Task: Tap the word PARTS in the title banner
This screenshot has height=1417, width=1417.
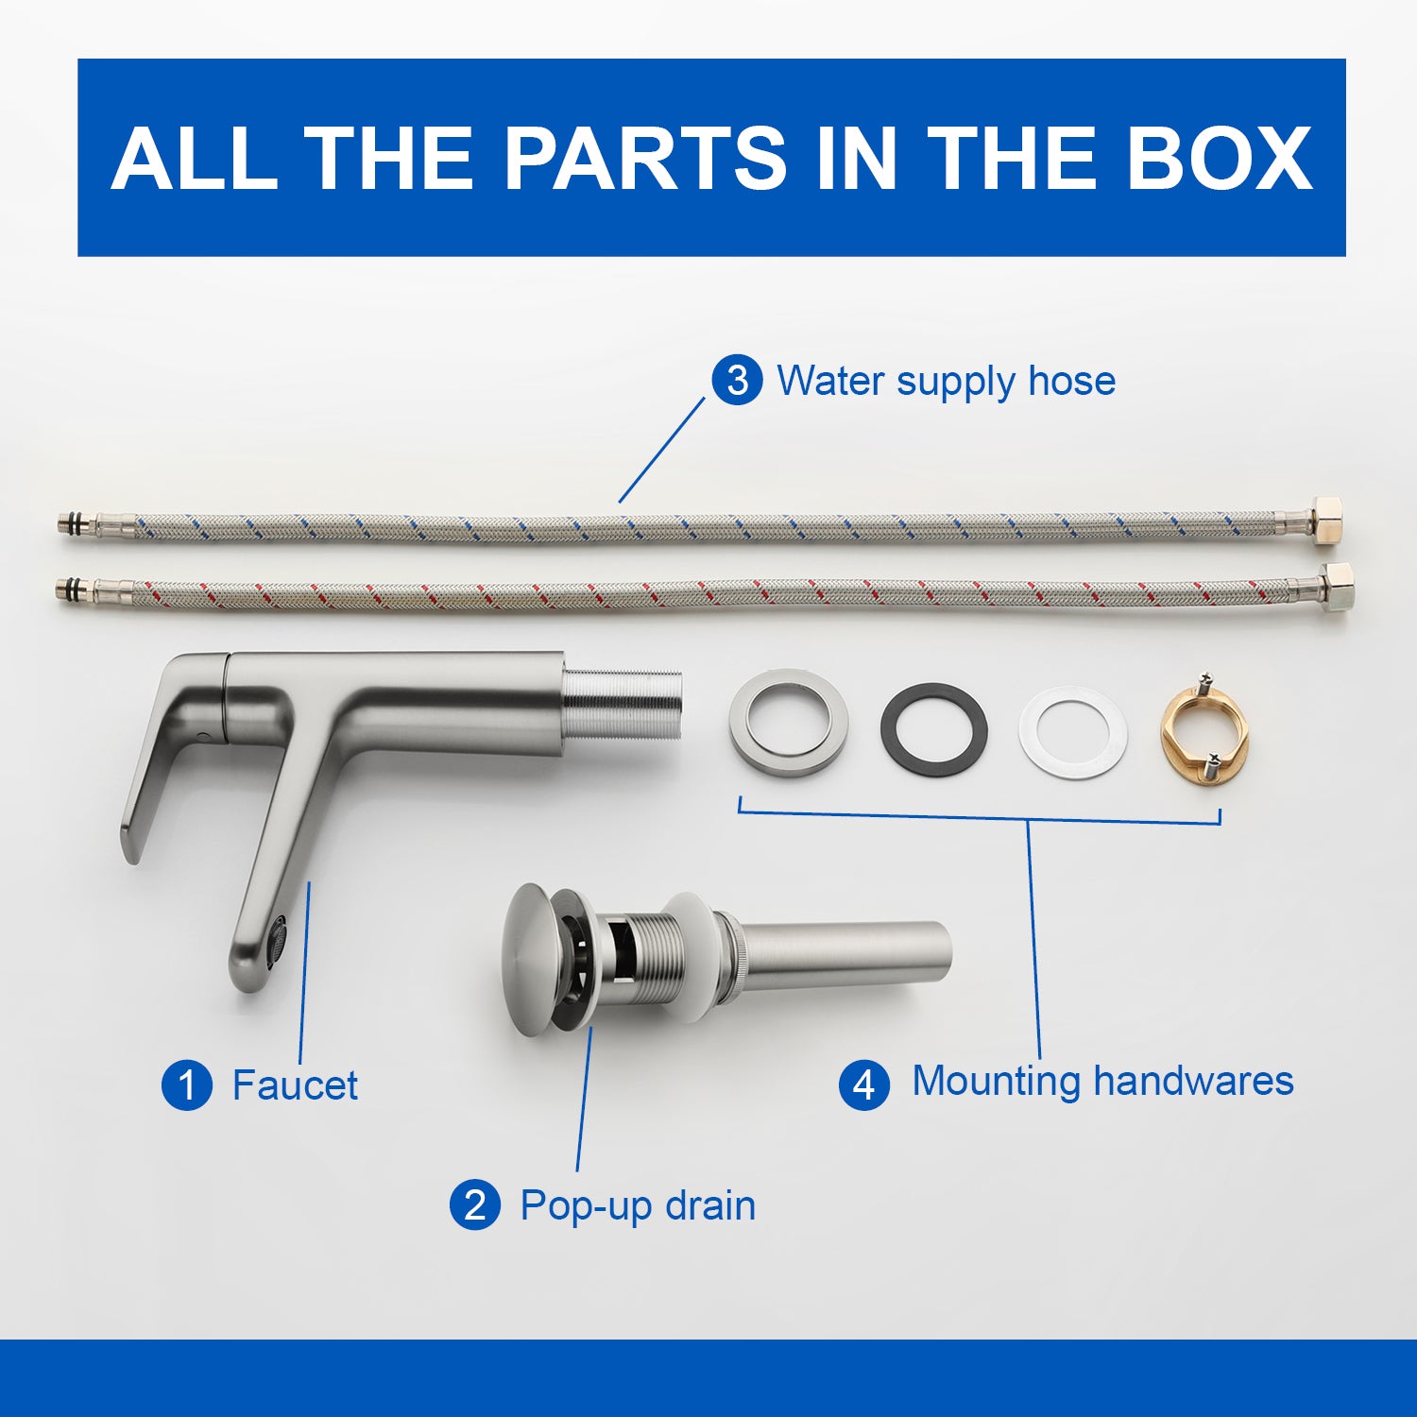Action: pos(645,158)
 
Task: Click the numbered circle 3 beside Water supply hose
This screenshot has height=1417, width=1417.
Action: pos(737,380)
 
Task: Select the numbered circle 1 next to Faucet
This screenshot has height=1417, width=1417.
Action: pos(187,1084)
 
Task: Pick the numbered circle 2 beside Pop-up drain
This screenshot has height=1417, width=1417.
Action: pos(475,1205)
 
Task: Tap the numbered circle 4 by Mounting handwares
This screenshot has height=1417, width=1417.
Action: pos(864,1084)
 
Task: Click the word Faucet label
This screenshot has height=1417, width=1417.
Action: pos(295,1085)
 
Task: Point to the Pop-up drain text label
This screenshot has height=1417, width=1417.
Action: pos(638,1206)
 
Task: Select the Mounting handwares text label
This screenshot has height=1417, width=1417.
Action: pos(1102,1081)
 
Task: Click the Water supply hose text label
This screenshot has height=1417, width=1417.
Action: pos(946,382)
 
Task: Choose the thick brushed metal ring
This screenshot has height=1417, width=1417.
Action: pos(788,723)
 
